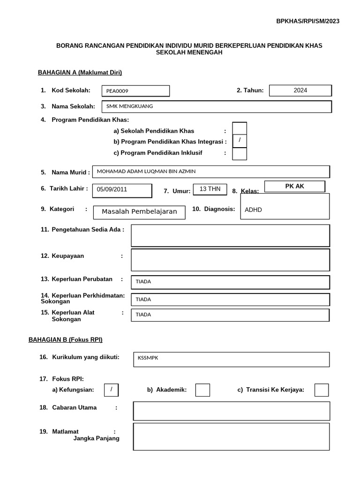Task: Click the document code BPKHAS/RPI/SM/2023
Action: tap(307, 21)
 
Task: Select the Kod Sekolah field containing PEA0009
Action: tap(135, 91)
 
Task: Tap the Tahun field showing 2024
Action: tap(300, 90)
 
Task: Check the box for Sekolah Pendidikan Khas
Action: tap(240, 128)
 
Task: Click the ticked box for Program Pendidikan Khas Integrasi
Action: tap(240, 141)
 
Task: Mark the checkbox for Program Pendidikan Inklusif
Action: tap(240, 153)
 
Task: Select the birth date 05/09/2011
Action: tap(122, 190)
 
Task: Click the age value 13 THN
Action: tap(210, 189)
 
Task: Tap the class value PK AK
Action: tap(294, 186)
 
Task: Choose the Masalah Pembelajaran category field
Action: tap(139, 212)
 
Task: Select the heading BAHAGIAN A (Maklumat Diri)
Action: tap(80, 72)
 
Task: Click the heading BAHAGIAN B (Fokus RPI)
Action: tap(66, 339)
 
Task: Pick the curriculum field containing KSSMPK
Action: tap(231, 359)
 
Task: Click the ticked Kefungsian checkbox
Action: tap(111, 390)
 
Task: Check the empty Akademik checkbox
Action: tap(202, 390)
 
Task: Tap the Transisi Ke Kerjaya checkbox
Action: tap(321, 390)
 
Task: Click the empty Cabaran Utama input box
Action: tap(231, 411)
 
